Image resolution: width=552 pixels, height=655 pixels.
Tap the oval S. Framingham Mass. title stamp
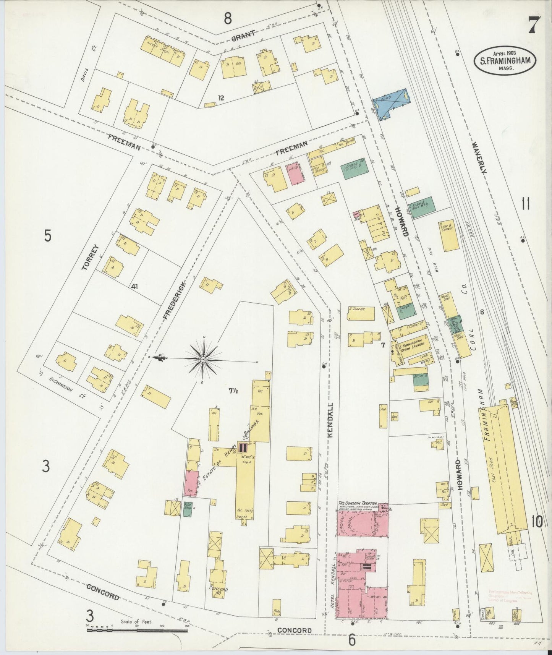click(x=505, y=60)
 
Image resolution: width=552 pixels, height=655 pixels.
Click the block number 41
click(x=134, y=286)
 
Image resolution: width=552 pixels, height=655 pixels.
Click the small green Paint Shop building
click(x=187, y=509)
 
